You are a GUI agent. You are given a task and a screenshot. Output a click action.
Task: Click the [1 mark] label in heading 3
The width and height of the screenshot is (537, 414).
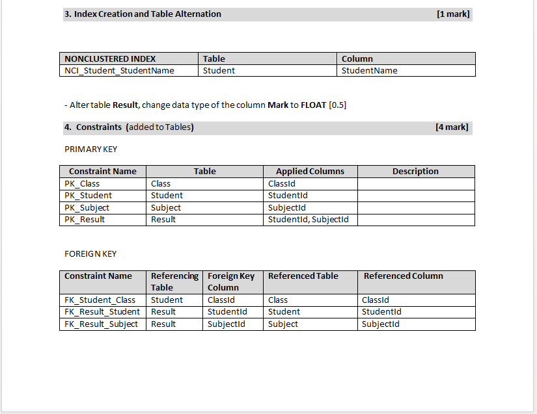point(453,14)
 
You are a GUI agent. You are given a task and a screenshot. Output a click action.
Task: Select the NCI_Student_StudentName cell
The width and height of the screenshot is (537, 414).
point(119,71)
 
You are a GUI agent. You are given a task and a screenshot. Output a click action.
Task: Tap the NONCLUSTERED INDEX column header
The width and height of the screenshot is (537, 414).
point(110,58)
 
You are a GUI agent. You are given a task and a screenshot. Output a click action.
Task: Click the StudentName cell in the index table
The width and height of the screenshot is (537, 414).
point(369,71)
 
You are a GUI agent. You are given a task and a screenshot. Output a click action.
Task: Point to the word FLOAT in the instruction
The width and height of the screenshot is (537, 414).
point(313,105)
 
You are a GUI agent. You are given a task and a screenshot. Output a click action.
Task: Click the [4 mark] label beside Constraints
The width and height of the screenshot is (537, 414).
point(452,127)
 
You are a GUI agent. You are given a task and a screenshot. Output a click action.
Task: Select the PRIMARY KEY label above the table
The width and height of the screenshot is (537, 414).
point(90,149)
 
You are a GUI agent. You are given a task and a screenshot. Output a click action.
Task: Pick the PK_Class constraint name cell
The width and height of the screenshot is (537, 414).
point(82,184)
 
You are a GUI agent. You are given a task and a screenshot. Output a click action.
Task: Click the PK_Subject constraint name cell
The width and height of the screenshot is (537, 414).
point(87,208)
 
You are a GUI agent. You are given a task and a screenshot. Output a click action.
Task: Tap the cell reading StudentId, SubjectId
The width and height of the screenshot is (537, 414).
point(308,220)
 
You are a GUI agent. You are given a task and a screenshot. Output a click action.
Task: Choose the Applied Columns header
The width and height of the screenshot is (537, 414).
point(310,172)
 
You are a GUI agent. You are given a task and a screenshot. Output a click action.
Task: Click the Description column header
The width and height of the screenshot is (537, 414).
point(415,172)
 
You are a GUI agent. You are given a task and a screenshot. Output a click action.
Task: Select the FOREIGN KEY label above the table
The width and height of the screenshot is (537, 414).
point(90,253)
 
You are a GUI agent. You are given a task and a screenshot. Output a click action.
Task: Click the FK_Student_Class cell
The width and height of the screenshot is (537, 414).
point(100,300)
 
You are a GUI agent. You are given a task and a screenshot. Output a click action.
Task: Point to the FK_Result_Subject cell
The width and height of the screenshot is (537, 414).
point(101,324)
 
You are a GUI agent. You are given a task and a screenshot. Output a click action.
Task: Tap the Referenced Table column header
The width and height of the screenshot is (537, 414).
point(303,276)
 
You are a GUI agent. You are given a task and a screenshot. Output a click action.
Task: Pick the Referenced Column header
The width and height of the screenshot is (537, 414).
point(403,276)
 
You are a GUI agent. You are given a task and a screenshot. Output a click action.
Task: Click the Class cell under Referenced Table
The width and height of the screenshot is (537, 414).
point(278,300)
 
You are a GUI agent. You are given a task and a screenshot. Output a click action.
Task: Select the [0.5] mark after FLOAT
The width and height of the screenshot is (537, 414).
point(338,105)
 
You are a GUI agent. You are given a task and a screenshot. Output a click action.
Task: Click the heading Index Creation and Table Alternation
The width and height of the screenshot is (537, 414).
point(147,14)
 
